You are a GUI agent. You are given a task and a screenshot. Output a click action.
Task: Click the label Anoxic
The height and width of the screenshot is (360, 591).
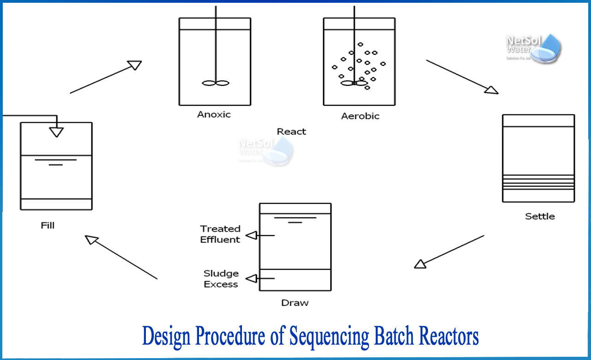coord(214,114)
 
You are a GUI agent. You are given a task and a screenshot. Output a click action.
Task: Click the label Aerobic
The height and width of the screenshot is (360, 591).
coord(360,116)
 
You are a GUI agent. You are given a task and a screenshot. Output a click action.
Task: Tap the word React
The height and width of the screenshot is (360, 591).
coord(291,132)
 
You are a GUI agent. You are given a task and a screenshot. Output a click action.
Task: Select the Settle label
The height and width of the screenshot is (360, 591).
coord(540,216)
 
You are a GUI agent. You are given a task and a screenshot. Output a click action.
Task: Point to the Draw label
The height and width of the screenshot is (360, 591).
coord(295,303)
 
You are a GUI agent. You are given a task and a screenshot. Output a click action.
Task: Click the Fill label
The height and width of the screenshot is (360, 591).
coord(48,226)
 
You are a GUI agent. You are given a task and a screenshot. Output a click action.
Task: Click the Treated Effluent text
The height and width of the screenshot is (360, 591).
coord(220,234)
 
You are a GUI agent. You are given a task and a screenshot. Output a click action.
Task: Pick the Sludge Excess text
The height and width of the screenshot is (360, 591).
coord(221,279)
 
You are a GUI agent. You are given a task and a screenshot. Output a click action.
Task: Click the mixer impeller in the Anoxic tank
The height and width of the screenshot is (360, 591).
coord(215,83)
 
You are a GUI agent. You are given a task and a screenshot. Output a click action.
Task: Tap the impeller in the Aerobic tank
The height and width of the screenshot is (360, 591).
coord(354,83)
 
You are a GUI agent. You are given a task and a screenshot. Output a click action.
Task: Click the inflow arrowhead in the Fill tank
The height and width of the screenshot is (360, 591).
coord(56,132)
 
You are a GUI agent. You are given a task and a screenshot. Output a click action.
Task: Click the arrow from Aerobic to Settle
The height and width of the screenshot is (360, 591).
coord(462,77)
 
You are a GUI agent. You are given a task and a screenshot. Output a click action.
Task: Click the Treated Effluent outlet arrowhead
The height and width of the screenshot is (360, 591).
coord(251,235)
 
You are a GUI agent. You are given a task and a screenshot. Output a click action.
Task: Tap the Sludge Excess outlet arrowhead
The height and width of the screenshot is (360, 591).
coord(251,278)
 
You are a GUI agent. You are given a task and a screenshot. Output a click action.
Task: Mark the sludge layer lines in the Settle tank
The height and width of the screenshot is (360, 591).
coord(538,182)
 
